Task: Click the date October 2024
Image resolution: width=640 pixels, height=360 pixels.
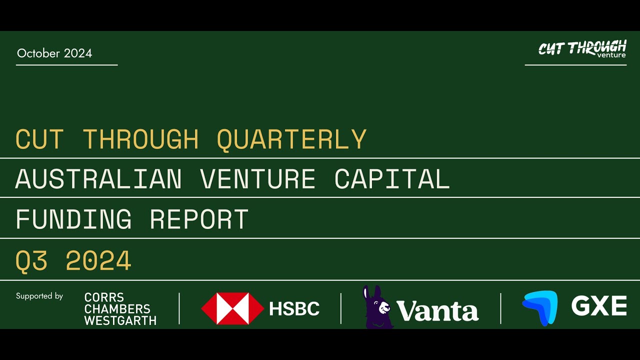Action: click(x=54, y=53)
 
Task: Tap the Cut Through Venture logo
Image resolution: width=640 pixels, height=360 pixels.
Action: click(x=582, y=49)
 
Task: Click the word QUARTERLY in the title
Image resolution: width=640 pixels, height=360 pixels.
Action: click(x=291, y=139)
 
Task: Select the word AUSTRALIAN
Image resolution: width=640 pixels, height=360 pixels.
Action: click(x=98, y=179)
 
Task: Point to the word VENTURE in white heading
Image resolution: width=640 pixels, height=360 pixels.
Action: click(x=257, y=179)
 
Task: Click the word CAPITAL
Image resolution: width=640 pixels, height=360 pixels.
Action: click(x=392, y=179)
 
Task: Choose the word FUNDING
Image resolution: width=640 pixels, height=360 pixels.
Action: click(x=73, y=219)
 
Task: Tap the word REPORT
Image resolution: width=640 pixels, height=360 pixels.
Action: click(x=199, y=219)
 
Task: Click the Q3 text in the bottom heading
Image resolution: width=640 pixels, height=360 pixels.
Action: click(x=31, y=260)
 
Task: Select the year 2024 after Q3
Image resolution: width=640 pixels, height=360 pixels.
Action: click(x=98, y=260)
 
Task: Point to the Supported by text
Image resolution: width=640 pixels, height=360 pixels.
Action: click(x=39, y=296)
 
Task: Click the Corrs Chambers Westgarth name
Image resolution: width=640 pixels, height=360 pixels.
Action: click(x=120, y=309)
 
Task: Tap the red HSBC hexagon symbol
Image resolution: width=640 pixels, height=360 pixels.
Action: click(x=232, y=308)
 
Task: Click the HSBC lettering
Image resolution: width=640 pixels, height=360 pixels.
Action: click(x=294, y=309)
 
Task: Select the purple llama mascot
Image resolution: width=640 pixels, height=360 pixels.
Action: click(x=377, y=307)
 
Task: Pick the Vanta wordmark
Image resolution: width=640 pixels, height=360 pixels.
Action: click(x=437, y=311)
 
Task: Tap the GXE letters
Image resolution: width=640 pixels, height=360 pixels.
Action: click(x=599, y=306)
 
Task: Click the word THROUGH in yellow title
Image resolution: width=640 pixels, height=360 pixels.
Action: click(x=140, y=139)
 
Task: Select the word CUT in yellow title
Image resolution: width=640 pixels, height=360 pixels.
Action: click(x=39, y=139)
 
